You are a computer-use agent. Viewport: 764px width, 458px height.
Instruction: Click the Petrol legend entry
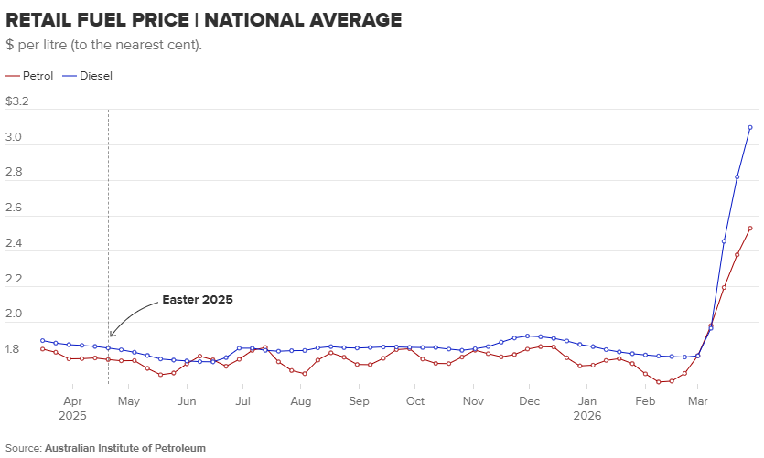(x=30, y=76)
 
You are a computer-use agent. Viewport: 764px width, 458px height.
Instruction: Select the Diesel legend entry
(x=89, y=76)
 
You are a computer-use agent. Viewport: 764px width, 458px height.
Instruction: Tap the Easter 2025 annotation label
(x=198, y=299)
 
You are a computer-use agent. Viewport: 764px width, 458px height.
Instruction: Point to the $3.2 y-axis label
(x=17, y=101)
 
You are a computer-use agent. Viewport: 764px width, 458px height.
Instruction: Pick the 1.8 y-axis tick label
(x=14, y=349)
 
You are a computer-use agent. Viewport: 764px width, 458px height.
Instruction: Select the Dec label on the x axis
(x=530, y=401)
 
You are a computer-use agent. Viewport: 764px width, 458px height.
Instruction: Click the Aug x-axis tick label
(x=301, y=401)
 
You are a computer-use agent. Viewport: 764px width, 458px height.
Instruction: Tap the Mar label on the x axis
(x=699, y=401)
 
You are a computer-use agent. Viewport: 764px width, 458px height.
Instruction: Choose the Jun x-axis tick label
(x=187, y=401)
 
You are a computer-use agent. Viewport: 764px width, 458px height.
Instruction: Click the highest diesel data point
(x=750, y=127)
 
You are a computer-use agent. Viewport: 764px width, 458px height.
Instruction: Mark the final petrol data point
(x=750, y=229)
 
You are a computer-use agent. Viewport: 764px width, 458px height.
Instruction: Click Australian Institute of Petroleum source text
(x=124, y=448)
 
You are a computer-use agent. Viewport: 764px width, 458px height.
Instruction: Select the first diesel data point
(x=43, y=340)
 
